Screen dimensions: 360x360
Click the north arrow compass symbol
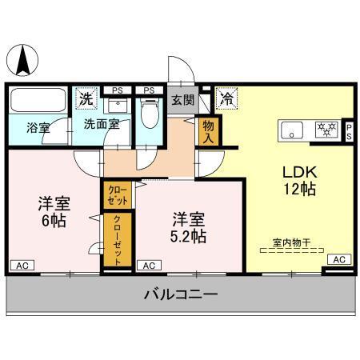point(25,60)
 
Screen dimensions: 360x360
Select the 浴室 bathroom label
point(37,126)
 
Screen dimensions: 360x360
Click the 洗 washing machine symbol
point(86,99)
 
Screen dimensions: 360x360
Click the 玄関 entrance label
point(182,100)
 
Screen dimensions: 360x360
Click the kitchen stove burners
point(326,128)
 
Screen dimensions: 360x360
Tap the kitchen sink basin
point(290,128)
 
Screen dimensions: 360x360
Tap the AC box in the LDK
point(339,259)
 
